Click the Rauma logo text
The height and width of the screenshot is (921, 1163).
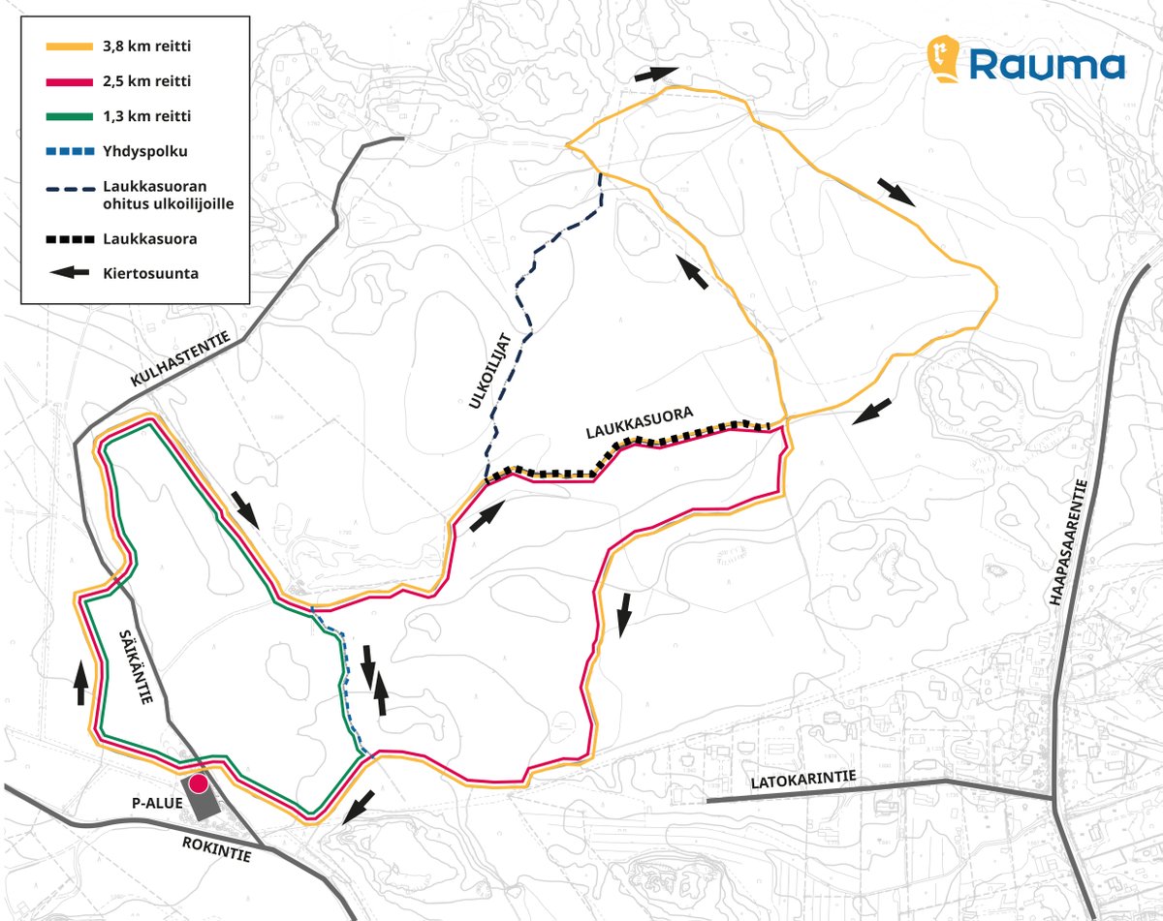click(x=1048, y=66)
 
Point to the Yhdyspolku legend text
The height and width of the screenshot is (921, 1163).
click(x=143, y=151)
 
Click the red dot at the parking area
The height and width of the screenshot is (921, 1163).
click(x=198, y=784)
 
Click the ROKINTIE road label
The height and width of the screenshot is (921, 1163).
click(x=216, y=849)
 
